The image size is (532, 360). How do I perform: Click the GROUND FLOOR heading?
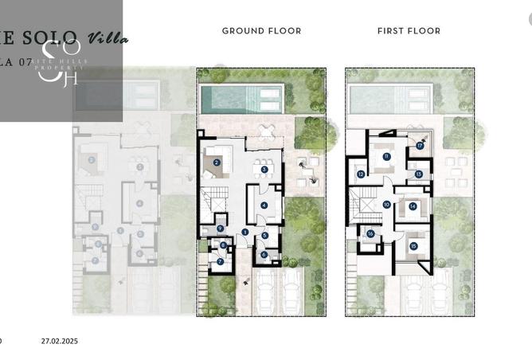[x=261, y=31]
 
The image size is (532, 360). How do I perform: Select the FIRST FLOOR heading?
[x=409, y=31]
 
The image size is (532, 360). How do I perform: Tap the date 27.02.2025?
[x=61, y=341]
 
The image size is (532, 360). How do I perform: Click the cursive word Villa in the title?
[x=107, y=37]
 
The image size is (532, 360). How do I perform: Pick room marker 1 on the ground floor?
[x=245, y=232]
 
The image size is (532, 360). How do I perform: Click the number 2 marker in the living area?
[x=217, y=162]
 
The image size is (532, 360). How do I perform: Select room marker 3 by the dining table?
[x=264, y=169]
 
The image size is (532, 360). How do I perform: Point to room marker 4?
[x=264, y=205]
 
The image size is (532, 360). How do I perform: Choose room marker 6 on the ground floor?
[x=264, y=255]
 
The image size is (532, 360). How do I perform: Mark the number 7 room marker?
[x=221, y=261]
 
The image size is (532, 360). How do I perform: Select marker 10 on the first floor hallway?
[x=386, y=205]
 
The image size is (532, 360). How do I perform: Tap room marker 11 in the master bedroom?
[x=386, y=157]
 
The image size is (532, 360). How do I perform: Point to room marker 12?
[x=361, y=174]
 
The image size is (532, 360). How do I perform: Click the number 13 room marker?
[x=419, y=174]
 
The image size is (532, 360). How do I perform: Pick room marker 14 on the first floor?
[x=413, y=206]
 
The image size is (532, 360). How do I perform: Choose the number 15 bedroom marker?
[x=413, y=246]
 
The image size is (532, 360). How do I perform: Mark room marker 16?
[x=371, y=234]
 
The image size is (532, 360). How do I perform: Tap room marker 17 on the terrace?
[x=420, y=145]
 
